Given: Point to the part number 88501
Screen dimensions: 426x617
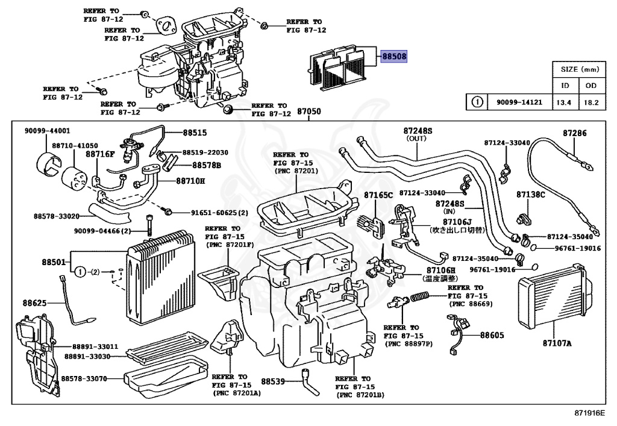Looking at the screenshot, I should [x=54, y=262].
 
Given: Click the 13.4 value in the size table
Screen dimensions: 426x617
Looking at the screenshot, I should [x=563, y=102].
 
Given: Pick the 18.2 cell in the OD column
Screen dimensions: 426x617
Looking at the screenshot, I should [x=590, y=102].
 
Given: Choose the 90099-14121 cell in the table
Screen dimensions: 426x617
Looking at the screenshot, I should [x=518, y=102].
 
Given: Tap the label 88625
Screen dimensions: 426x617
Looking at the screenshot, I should [x=35, y=302].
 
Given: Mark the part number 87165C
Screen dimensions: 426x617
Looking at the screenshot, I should [x=378, y=195].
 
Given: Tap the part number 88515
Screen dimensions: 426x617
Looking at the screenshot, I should [x=195, y=132].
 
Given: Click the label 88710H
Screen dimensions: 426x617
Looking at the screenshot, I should [x=190, y=180].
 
